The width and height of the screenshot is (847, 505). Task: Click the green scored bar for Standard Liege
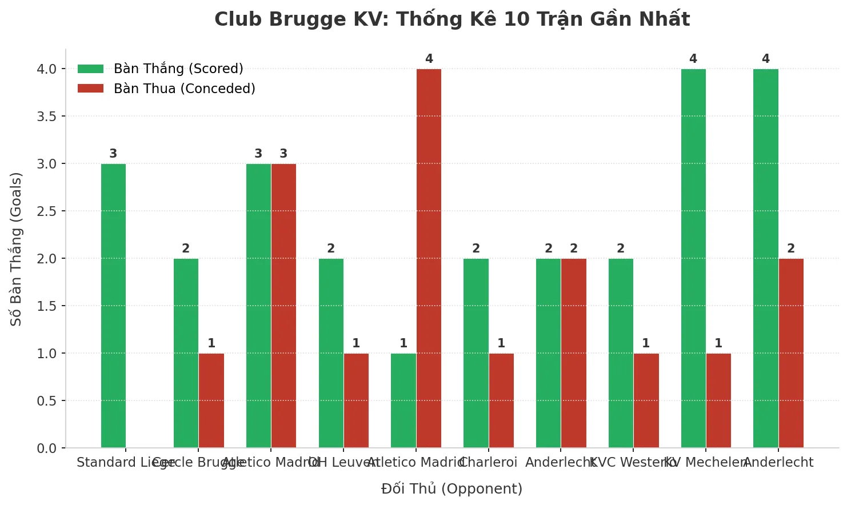tap(113, 306)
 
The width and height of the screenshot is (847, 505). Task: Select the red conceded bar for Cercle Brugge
tap(211, 400)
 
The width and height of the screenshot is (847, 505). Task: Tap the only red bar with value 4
tap(429, 258)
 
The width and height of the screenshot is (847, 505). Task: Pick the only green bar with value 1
tap(403, 400)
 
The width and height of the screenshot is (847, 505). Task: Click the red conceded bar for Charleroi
tap(501, 400)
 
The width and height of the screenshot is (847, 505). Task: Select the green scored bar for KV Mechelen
tap(693, 258)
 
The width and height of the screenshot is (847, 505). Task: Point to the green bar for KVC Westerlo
tap(621, 353)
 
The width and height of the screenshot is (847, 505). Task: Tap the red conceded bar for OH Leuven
tap(356, 400)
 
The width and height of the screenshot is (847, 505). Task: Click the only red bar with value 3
tap(283, 306)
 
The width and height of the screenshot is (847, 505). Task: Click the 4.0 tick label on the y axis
tap(47, 69)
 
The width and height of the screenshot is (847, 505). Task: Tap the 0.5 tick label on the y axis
tap(47, 401)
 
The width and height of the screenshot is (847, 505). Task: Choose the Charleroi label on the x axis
tap(488, 462)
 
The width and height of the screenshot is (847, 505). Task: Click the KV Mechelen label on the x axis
tap(706, 462)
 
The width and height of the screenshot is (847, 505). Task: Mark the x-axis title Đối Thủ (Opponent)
tap(452, 488)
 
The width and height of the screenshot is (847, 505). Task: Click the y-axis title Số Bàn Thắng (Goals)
tap(16, 249)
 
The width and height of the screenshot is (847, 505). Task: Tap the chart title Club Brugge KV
tap(452, 19)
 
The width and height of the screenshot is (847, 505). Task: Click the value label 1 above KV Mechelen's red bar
tap(718, 343)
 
